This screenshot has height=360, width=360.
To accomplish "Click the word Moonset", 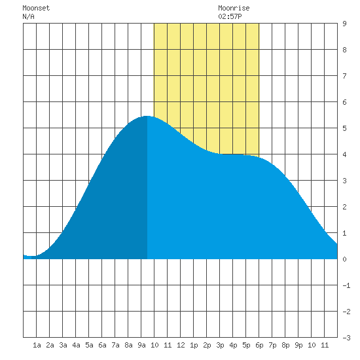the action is (x=36, y=8).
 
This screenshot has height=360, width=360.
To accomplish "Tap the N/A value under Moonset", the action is (x=28, y=16).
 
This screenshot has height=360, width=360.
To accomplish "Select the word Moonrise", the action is (x=234, y=8).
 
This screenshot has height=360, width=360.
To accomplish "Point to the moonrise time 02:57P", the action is (x=230, y=16).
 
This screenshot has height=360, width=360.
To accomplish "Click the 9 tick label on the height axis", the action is (x=344, y=24).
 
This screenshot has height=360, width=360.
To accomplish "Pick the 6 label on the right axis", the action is (x=344, y=102).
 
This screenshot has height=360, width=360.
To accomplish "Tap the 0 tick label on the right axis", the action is (x=344, y=259).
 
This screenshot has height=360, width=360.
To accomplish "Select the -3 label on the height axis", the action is (x=346, y=338).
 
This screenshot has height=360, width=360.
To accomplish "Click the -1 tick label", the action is (x=346, y=285).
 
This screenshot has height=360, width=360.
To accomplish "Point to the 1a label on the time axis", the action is (x=37, y=345).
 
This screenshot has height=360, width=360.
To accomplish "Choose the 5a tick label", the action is (x=89, y=345).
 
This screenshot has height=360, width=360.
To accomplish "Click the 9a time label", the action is (x=141, y=345).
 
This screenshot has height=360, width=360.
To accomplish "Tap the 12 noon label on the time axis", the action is (x=181, y=345).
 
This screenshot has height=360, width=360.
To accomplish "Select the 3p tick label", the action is (x=220, y=345).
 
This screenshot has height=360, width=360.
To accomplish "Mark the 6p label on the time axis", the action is (x=259, y=345).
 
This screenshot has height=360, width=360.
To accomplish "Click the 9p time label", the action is (x=298, y=345).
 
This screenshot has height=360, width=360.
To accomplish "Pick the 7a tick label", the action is (x=115, y=345).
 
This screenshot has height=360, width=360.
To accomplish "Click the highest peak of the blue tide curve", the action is (x=147, y=116).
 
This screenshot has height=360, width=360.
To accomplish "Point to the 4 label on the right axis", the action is (x=344, y=154).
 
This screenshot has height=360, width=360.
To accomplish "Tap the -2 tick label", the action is (x=346, y=312).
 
